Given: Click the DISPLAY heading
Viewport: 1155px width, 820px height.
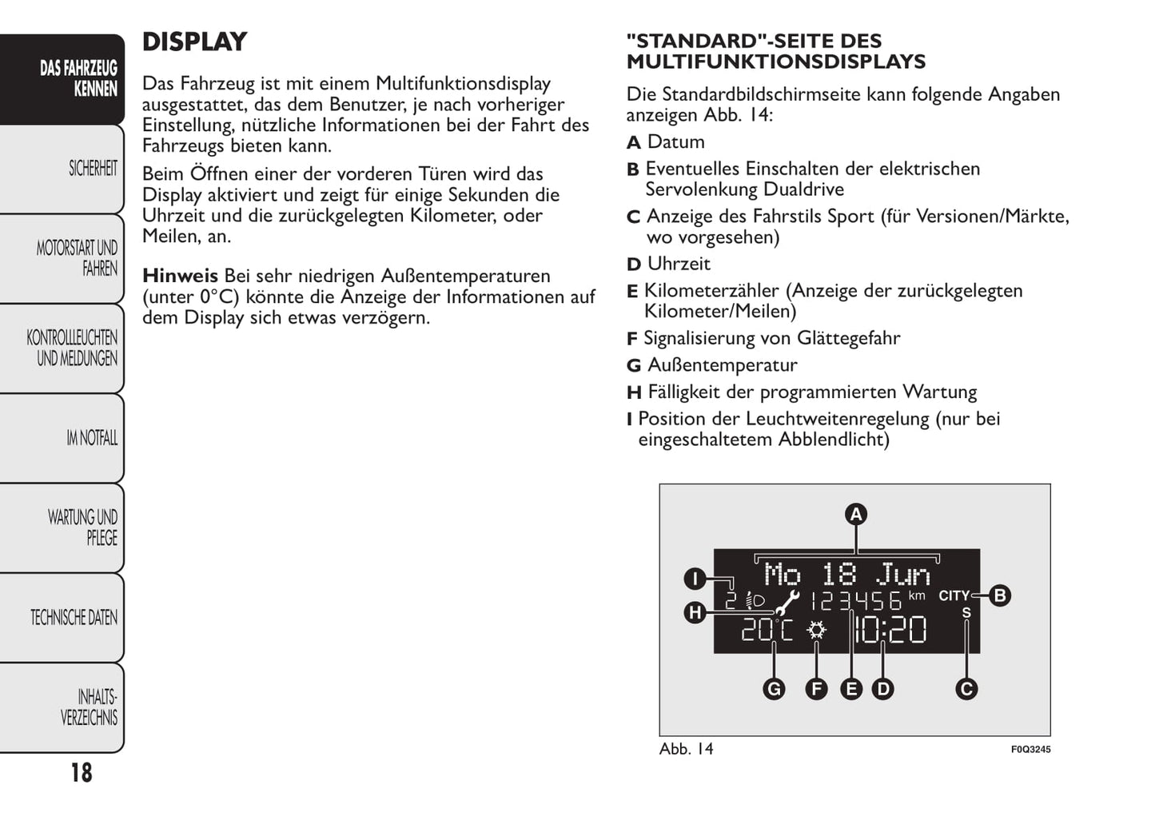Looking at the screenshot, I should (x=194, y=42).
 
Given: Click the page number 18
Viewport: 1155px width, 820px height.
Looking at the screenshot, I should (x=81, y=773).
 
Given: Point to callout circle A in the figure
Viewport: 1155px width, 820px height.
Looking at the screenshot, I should (x=856, y=515).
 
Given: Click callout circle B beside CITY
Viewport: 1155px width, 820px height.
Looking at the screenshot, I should (x=999, y=595).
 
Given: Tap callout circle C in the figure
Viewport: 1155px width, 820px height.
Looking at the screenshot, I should (x=966, y=689).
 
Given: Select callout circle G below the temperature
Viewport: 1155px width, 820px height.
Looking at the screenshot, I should (x=774, y=689).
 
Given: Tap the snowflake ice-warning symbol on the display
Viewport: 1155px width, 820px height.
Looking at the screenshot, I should (x=816, y=631).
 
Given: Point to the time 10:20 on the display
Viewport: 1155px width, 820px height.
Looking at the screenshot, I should (x=890, y=631).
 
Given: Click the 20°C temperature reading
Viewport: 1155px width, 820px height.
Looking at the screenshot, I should (x=767, y=631).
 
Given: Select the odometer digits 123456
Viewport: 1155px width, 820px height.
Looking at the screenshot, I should (x=856, y=601).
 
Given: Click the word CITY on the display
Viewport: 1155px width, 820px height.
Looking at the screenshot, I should (x=954, y=596).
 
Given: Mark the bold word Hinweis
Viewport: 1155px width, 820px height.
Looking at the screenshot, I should (x=180, y=277).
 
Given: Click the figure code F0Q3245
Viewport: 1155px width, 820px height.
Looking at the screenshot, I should (x=1030, y=750).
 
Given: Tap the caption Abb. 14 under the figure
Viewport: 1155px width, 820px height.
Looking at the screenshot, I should (x=686, y=749).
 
